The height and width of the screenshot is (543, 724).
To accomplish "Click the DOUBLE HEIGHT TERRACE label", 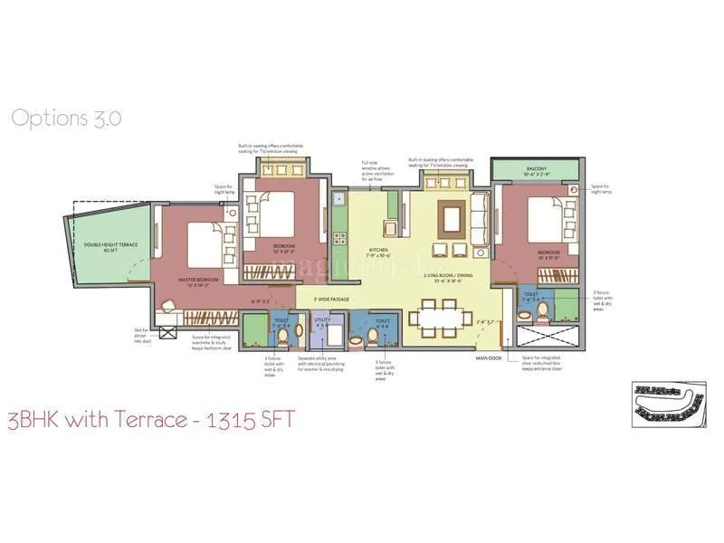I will click(x=105, y=247).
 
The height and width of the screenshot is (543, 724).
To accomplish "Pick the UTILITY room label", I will click(x=321, y=320).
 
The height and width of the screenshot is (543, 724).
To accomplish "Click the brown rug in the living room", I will click(x=451, y=217).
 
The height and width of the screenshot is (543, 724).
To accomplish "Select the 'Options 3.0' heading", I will click(x=66, y=117).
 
